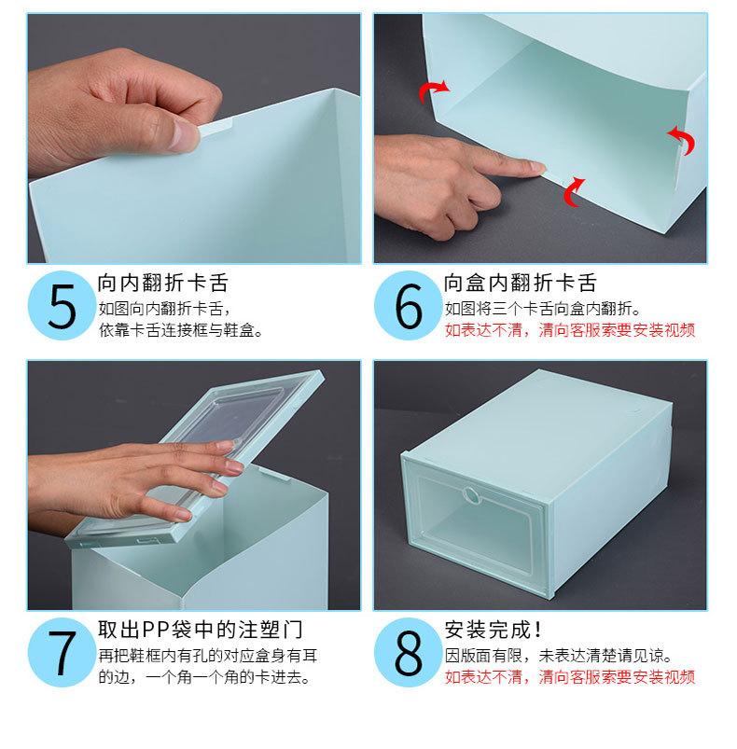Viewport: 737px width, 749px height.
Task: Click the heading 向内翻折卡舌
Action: point(163,283)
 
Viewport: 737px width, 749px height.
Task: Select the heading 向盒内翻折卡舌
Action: point(520,283)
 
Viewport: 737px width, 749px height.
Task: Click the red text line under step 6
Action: point(569,330)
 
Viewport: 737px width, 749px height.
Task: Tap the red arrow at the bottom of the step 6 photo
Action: point(573,190)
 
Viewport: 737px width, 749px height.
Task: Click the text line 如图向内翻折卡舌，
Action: point(163,308)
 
